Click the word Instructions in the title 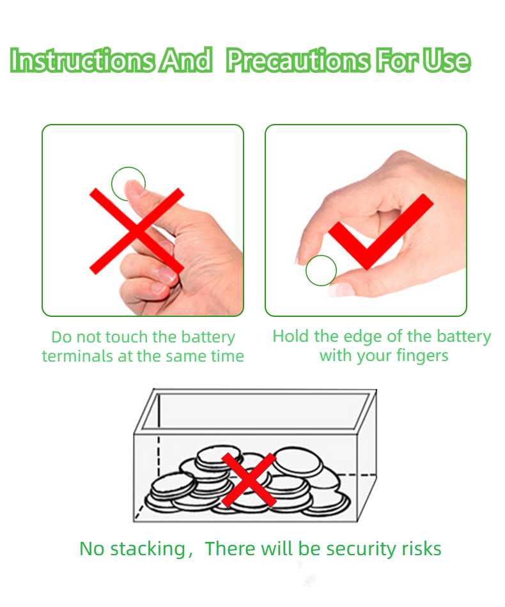(82, 60)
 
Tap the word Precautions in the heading (297, 61)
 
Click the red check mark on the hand (381, 231)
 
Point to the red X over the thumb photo (137, 231)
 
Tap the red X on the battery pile (249, 480)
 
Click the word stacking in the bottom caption (148, 549)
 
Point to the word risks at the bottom (421, 549)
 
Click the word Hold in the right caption (291, 336)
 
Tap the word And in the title (187, 60)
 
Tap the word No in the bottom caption (91, 549)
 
